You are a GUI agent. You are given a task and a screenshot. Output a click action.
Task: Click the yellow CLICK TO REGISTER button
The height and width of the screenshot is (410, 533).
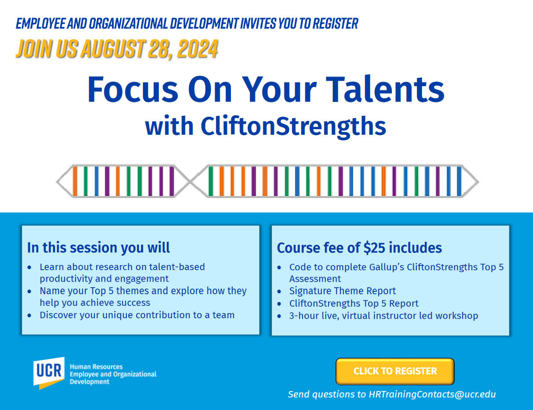395,371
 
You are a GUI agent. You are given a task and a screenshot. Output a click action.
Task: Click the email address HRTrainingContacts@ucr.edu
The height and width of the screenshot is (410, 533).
432,394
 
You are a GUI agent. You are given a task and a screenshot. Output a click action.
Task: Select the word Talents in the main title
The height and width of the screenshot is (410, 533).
385,89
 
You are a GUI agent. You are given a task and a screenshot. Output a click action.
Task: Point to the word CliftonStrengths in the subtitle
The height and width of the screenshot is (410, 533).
293,126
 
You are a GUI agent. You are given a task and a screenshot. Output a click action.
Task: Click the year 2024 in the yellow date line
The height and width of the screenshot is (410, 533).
198,49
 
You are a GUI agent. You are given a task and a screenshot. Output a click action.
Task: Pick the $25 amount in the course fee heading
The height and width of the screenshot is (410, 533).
374,248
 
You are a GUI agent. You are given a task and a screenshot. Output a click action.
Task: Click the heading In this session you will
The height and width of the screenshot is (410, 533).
99,247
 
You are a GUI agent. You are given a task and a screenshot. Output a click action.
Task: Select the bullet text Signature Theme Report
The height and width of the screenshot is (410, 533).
343,291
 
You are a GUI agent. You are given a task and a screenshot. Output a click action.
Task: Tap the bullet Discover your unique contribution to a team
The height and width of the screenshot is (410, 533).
137,315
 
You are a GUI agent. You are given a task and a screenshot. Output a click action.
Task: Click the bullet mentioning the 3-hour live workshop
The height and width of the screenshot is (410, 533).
384,316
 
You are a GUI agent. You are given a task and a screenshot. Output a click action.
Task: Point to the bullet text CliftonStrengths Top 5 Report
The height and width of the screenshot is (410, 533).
354,303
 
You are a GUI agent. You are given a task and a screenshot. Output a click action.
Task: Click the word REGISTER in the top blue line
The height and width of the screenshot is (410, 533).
335,24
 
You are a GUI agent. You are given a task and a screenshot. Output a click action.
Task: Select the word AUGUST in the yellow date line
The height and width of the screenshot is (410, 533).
113,49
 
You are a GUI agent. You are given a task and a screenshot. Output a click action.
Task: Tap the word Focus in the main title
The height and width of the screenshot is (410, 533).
133,89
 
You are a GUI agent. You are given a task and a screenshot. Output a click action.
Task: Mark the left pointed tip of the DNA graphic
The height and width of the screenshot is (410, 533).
57,182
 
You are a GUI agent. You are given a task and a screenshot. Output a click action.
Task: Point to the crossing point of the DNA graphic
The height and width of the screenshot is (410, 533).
191,182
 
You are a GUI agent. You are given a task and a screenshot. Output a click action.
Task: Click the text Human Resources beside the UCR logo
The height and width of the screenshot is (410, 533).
96,367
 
